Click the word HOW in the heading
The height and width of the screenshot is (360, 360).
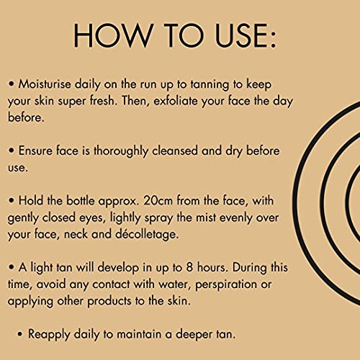[x=113, y=35]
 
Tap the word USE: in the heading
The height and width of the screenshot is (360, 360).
[x=246, y=35]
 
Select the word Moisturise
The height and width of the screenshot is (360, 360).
[x=45, y=84]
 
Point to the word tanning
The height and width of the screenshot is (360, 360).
[x=210, y=85]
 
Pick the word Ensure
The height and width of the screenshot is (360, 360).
[x=35, y=151]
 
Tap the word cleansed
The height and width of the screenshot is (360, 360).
[x=175, y=151]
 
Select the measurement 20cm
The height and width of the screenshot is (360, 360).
[x=158, y=201]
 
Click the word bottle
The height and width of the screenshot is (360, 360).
[x=81, y=201]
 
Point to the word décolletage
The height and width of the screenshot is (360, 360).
[x=147, y=235]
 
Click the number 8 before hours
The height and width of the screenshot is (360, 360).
[x=189, y=267]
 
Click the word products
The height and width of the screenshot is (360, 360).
[x=109, y=302]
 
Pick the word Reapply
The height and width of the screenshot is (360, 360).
[x=49, y=335]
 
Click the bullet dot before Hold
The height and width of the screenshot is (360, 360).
[x=12, y=200]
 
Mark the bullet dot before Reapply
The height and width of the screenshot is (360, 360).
[x=20, y=334]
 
